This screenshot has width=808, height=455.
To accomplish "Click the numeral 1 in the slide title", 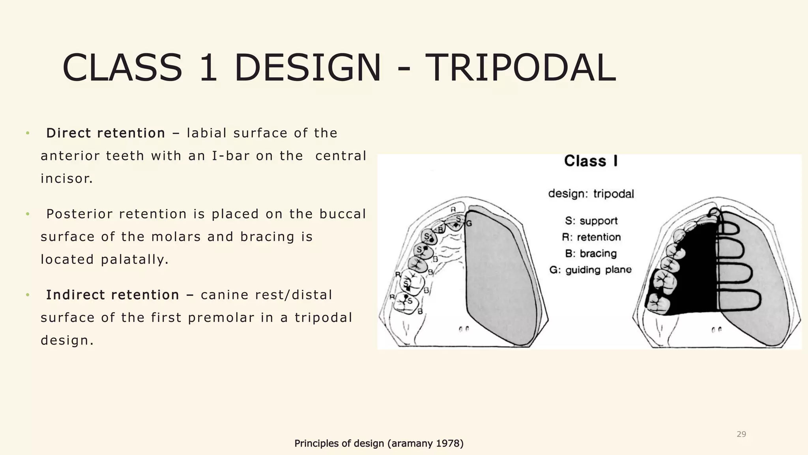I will (208, 68).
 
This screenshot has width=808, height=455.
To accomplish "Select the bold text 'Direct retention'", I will (106, 133).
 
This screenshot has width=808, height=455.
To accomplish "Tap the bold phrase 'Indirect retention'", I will (112, 295).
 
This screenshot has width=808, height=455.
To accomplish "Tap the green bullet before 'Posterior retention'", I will (28, 214).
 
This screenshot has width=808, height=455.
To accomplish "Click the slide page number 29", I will (741, 434).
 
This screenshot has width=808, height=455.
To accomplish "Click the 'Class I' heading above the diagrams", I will (591, 161).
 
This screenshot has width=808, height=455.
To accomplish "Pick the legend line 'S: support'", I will (591, 221).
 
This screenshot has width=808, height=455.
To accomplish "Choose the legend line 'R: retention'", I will (591, 237).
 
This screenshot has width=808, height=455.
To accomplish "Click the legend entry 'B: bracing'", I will (591, 254).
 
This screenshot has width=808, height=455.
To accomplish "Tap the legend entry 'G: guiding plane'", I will (591, 270).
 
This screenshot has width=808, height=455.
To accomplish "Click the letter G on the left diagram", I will (469, 224).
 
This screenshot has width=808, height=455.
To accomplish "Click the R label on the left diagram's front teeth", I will (453, 209).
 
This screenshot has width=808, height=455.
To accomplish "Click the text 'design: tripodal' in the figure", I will (591, 194).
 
